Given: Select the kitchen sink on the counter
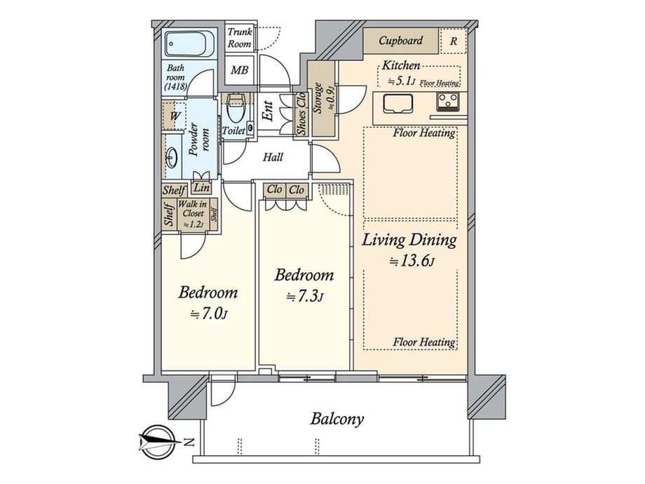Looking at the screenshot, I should click(398, 107).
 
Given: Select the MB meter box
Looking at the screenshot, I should click(240, 70).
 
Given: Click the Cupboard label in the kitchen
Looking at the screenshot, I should click(400, 41).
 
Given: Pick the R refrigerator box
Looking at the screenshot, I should click(453, 41).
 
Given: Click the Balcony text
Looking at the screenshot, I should click(337, 420).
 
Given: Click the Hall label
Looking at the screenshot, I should click(273, 157).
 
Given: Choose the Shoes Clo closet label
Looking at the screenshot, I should click(301, 114).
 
